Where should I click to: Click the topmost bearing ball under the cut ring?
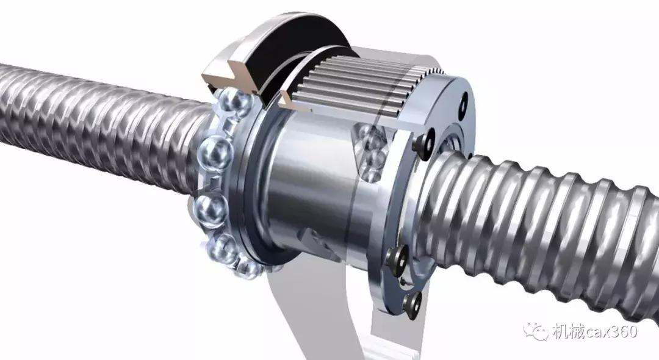click(234, 101)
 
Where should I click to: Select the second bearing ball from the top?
click(215, 152)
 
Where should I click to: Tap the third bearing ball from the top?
click(211, 209)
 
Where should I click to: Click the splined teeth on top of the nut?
click(361, 88)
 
